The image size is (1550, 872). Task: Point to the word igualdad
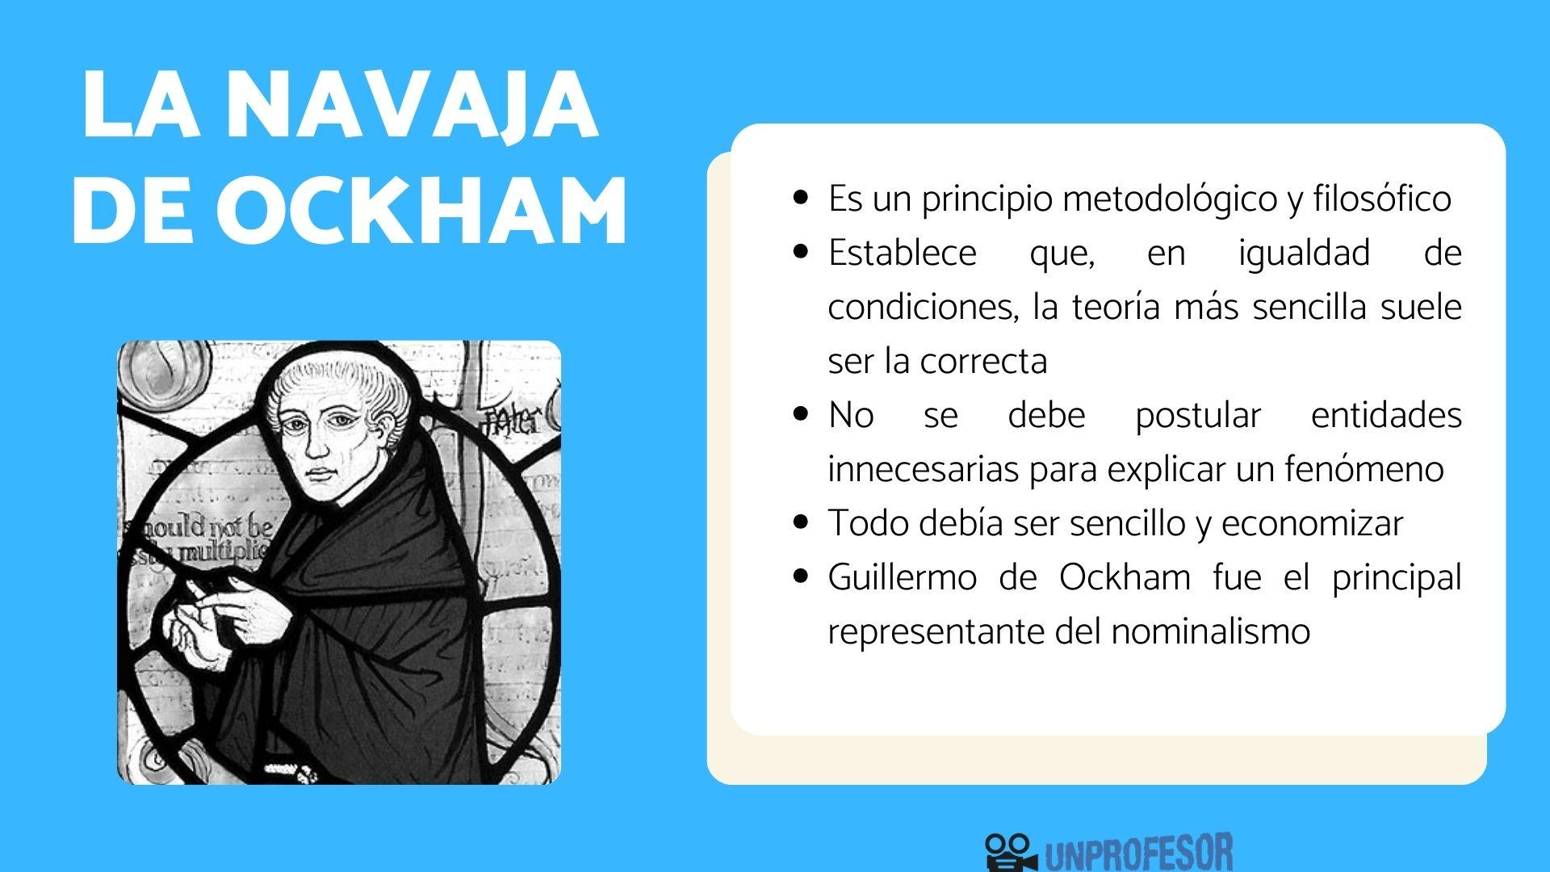1304,254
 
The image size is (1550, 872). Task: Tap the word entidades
1386,416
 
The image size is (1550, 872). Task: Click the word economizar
1312,524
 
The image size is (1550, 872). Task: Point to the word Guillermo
902,578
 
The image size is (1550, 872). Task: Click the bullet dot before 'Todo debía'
801,523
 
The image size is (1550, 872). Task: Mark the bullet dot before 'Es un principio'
801,199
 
